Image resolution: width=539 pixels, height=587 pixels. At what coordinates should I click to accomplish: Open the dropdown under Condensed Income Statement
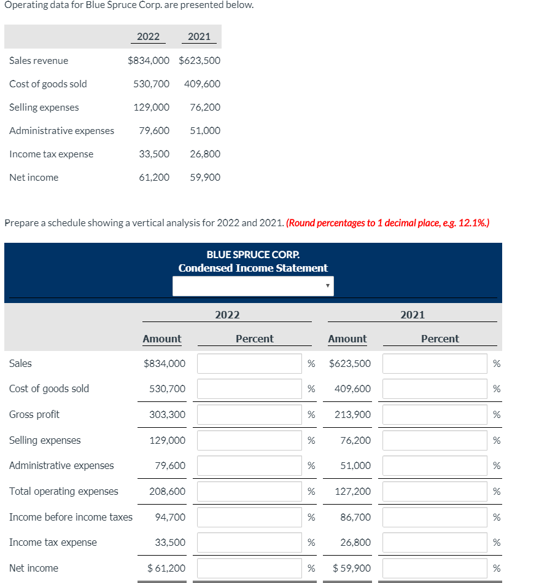click(x=253, y=286)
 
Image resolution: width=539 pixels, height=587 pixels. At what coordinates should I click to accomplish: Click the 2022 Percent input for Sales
click(x=249, y=363)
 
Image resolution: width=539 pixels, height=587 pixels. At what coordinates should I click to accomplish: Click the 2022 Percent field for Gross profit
click(x=249, y=414)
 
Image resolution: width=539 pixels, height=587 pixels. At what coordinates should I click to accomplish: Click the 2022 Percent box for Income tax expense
click(x=249, y=542)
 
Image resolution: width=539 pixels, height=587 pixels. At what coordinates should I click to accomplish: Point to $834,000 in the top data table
click(x=148, y=60)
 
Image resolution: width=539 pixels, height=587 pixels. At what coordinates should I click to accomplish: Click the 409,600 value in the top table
click(x=202, y=84)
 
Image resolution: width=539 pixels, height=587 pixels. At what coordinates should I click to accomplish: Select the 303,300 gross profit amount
click(x=167, y=414)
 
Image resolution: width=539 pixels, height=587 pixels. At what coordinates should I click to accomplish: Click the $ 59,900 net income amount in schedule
click(x=351, y=568)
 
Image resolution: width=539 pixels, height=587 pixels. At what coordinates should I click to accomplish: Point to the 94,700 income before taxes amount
click(x=170, y=517)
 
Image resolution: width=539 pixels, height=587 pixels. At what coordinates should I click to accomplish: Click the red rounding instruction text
click(x=387, y=223)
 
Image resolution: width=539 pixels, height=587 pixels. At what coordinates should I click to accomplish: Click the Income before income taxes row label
click(x=71, y=517)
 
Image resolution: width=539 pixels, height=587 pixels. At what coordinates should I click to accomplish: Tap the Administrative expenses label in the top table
click(x=61, y=130)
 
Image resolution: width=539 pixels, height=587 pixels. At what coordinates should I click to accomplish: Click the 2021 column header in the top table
click(x=199, y=36)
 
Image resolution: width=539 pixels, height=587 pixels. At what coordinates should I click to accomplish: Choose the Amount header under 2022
click(x=161, y=339)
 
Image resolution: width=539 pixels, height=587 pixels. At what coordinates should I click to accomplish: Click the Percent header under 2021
click(x=440, y=339)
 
